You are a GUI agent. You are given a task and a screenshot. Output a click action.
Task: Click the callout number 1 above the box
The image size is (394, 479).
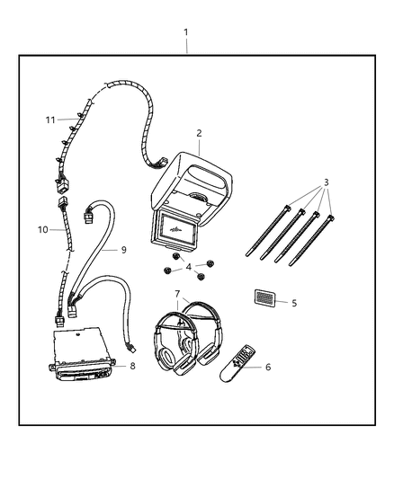tap(185, 32)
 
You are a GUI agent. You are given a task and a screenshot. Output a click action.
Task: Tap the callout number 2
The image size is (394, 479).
tap(199, 133)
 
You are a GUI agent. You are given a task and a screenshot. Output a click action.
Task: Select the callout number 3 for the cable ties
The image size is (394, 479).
tap(327, 182)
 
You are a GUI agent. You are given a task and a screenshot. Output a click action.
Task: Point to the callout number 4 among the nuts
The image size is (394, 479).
tap(189, 267)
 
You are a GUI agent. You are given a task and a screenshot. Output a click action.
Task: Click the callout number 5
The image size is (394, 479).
tap(294, 303)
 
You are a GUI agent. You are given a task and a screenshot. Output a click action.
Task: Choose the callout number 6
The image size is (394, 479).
tap(268, 367)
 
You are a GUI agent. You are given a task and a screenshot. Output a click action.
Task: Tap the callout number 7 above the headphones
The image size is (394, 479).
tap(177, 294)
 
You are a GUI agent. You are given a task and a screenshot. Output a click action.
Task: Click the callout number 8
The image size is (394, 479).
tap(132, 366)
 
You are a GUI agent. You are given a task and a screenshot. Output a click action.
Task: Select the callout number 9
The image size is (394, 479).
tap(124, 250)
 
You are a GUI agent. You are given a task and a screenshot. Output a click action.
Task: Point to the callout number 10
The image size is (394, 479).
tap(43, 230)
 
